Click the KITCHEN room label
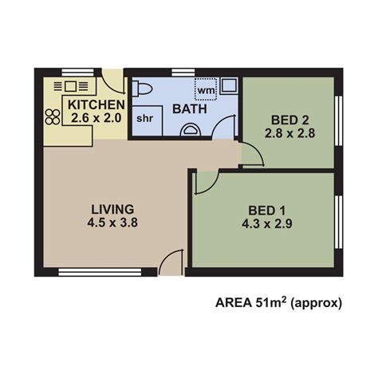point(96,104)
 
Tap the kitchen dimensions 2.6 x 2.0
point(96,118)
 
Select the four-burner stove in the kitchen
point(53,115)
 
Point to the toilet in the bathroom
point(144,89)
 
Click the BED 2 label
point(289,120)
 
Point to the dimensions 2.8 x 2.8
point(289,134)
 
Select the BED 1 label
point(267,211)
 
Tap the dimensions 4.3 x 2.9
point(267,225)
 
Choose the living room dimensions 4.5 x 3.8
point(112,223)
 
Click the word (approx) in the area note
point(317,303)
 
